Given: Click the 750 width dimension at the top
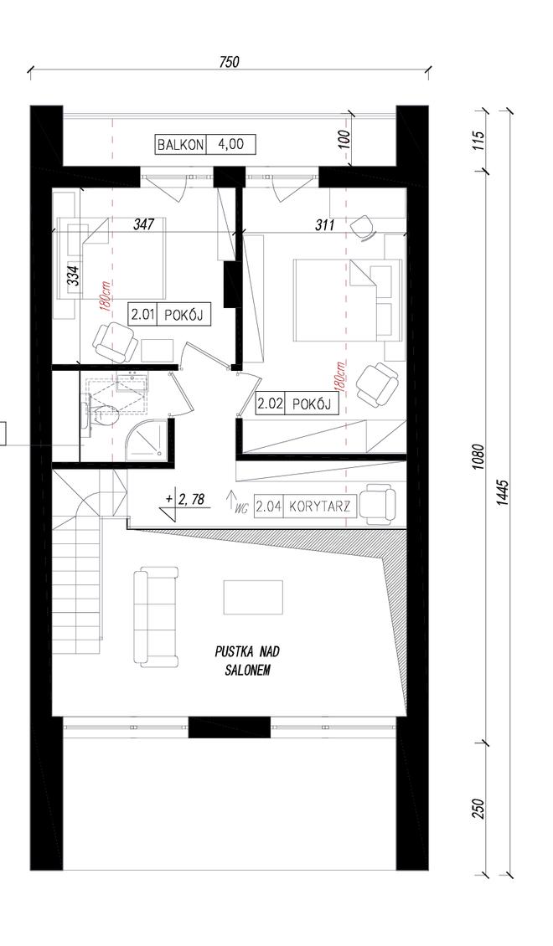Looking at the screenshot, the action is tap(230, 62).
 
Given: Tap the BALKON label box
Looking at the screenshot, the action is tap(180, 145).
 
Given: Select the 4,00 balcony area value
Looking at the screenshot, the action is tap(230, 145).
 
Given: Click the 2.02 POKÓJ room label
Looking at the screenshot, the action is tap(296, 405).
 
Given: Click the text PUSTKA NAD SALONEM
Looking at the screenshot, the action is tap(247, 661).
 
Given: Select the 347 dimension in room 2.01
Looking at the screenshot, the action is tap(144, 224).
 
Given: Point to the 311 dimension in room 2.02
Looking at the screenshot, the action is tap(325, 225).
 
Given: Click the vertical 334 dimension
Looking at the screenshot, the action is tap(72, 275).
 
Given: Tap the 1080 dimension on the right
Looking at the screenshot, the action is tap(478, 458).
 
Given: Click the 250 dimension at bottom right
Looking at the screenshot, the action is tap(478, 809).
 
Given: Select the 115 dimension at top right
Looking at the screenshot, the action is tap(478, 140).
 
